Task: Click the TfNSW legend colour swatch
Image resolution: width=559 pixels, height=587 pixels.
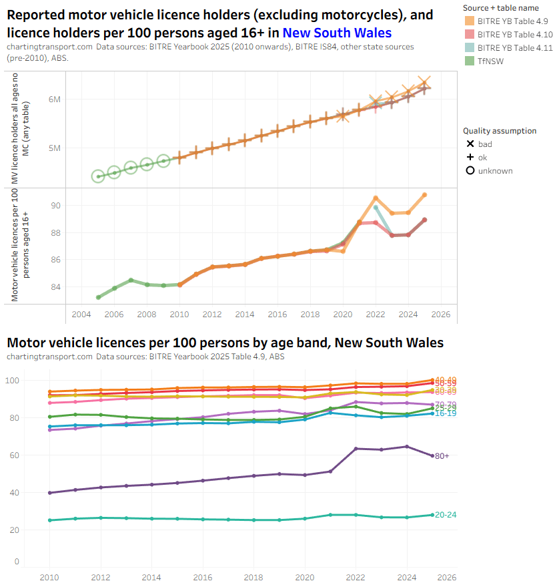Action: pos(470,61)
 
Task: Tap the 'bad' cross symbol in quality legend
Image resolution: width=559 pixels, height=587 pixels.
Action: pos(470,144)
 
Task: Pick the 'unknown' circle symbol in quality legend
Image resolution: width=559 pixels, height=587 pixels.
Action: pos(470,171)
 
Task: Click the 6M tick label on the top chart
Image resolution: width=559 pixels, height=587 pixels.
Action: pos(54,100)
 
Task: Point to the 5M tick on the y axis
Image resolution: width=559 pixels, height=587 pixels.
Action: pos(54,148)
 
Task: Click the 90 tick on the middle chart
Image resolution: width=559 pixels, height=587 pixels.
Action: pos(55,206)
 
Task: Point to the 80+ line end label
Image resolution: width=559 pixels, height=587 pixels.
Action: pos(442,455)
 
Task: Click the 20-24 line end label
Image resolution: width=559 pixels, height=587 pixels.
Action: pos(446,515)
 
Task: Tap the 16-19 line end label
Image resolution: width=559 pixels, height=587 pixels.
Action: pos(446,413)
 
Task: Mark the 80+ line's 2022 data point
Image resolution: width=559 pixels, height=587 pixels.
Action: pos(356,448)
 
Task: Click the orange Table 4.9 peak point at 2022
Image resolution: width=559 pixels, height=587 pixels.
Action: pos(376,198)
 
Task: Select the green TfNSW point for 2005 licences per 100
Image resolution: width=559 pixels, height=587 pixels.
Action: pos(98,297)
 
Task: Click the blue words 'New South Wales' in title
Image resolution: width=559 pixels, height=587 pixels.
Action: pos(337,33)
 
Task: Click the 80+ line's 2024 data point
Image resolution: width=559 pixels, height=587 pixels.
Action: pos(407,446)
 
